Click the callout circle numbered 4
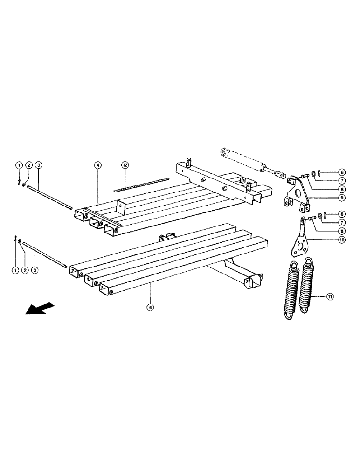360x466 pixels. tap(97, 165)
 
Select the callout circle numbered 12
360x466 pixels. tap(125, 165)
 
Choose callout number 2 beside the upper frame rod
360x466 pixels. tap(28, 165)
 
